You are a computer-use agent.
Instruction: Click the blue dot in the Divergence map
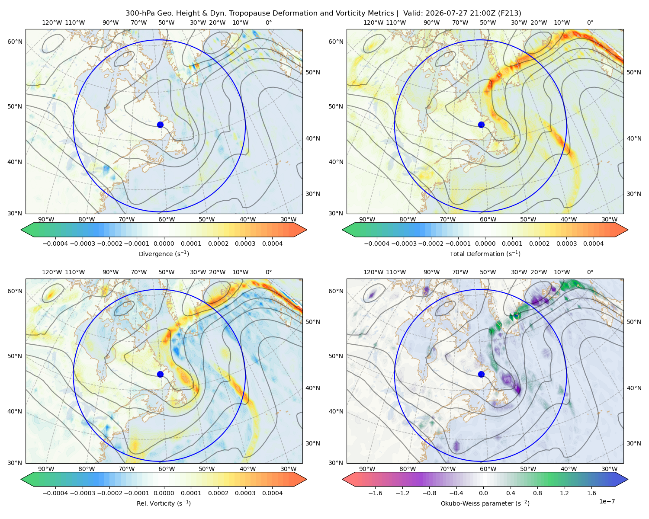pyautogui.click(x=160, y=125)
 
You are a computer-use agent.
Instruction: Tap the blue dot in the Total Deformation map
pyautogui.click(x=481, y=125)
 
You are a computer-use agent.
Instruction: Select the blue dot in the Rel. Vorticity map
pyautogui.click(x=160, y=374)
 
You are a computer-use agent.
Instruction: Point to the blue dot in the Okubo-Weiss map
pyautogui.click(x=481, y=374)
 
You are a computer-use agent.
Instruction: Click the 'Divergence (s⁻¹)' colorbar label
pyautogui.click(x=164, y=253)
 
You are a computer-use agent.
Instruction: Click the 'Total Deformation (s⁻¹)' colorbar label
pyautogui.click(x=485, y=253)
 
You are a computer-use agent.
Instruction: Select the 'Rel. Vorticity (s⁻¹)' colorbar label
pyautogui.click(x=164, y=503)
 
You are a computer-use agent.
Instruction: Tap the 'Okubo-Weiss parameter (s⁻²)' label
pyautogui.click(x=485, y=503)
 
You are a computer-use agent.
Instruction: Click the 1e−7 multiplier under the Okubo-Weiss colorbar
pyautogui.click(x=607, y=501)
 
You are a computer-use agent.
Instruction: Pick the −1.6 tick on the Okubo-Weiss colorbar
pyautogui.click(x=375, y=493)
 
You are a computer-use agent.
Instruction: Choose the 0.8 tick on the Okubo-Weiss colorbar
pyautogui.click(x=537, y=493)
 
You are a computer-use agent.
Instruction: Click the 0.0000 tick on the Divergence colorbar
pyautogui.click(x=164, y=243)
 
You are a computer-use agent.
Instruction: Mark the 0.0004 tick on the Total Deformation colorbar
pyautogui.click(x=593, y=243)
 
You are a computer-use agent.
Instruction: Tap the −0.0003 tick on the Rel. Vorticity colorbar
pyautogui.click(x=82, y=493)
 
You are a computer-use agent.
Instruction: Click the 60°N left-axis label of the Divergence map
pyautogui.click(x=15, y=42)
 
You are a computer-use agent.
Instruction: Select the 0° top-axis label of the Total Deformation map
pyautogui.click(x=590, y=22)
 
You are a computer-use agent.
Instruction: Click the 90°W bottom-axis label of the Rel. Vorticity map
pyautogui.click(x=46, y=469)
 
